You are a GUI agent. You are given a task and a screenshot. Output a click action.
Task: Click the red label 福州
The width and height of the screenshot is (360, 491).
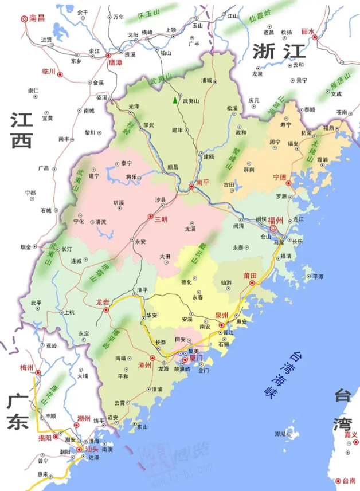[275, 221]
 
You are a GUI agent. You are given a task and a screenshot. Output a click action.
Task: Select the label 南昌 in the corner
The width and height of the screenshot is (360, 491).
[37, 18]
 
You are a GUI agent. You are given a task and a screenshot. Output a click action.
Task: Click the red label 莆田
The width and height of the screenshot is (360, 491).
[249, 275]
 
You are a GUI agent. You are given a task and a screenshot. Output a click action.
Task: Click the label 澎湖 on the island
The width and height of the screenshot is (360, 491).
[280, 434]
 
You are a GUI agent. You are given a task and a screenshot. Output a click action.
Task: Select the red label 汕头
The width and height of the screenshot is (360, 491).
[91, 450]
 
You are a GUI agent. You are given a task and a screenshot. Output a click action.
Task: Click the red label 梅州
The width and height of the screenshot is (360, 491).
[28, 367]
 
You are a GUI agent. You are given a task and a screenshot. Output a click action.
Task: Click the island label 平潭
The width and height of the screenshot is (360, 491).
[318, 276]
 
